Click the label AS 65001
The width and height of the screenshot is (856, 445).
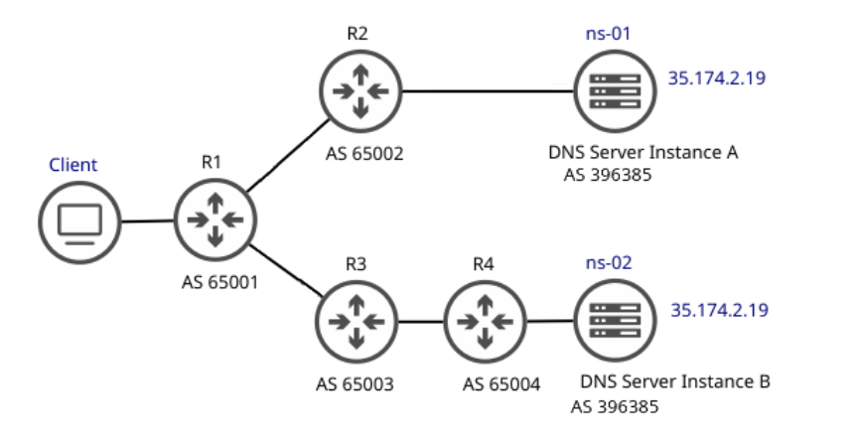coord(217,281)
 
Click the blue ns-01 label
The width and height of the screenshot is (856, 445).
coord(608,34)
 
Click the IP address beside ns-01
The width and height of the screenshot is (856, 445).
coord(718,77)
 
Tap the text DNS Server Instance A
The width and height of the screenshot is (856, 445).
coord(643,153)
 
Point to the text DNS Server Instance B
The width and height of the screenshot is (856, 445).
coord(675,381)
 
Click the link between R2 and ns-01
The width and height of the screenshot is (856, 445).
coord(487,92)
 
